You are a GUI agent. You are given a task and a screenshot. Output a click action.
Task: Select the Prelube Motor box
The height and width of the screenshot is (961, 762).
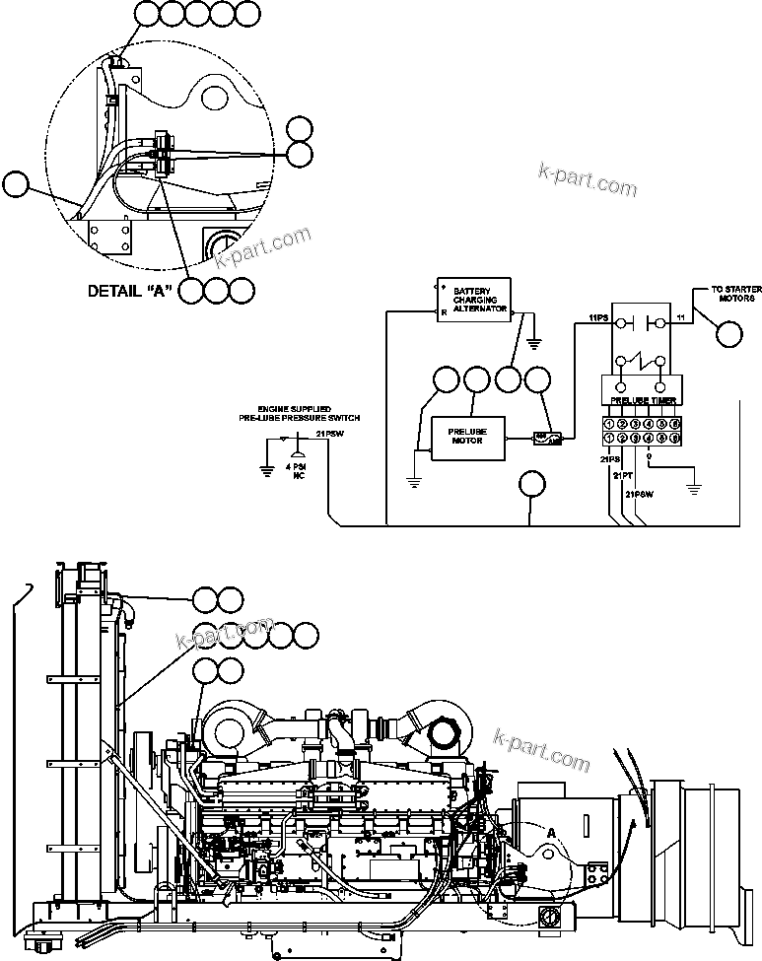(x=467, y=437)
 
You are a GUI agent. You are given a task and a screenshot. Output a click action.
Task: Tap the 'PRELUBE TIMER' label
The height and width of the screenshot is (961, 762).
(x=642, y=402)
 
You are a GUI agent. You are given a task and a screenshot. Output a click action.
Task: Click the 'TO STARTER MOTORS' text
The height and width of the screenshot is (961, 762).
(x=736, y=294)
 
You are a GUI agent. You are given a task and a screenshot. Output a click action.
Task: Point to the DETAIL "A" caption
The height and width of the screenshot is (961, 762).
(x=130, y=291)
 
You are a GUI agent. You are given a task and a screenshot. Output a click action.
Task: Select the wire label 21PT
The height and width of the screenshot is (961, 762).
(x=622, y=476)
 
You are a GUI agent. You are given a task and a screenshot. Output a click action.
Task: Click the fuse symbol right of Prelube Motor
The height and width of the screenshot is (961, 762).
(x=544, y=438)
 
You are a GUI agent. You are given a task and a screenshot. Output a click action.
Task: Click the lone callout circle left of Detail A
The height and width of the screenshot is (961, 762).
(x=16, y=184)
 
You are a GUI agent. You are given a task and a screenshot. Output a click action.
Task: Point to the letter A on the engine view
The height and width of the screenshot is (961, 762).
(x=551, y=833)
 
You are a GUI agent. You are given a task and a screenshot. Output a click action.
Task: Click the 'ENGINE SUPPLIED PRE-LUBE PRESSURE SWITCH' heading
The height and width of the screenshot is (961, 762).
(x=296, y=413)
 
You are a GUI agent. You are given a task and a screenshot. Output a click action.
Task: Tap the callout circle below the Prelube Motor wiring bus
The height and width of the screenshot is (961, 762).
(x=532, y=484)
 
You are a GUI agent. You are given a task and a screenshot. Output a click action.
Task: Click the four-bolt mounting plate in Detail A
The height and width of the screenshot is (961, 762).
(x=108, y=236)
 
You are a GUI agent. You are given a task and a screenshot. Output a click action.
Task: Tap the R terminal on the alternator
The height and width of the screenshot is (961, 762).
(x=444, y=311)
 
